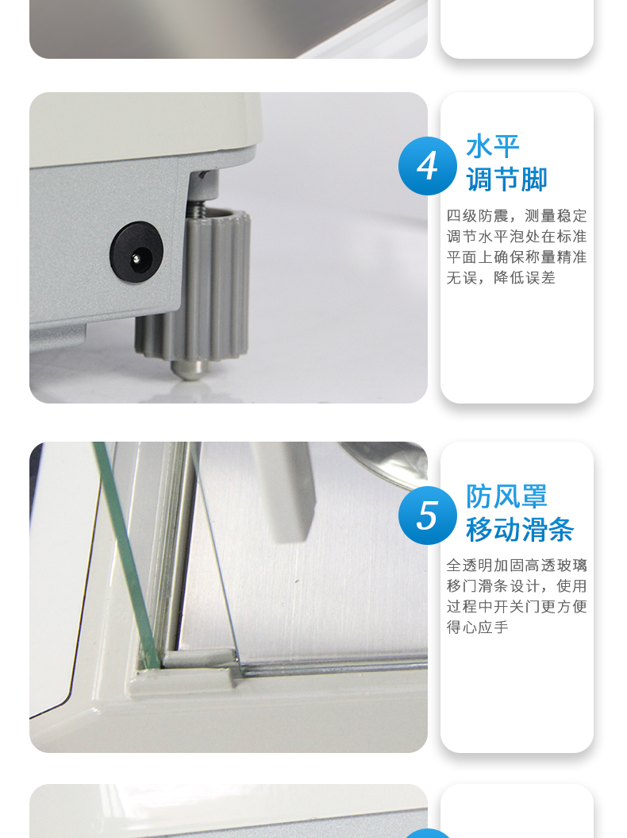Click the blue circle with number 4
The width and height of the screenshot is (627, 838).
click(x=427, y=166)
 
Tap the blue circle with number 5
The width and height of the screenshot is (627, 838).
click(x=427, y=516)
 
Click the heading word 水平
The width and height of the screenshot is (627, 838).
click(x=492, y=146)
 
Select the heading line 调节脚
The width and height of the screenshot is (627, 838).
click(x=506, y=179)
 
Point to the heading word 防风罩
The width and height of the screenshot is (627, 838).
click(x=506, y=496)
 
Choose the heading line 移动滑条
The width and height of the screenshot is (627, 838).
click(x=520, y=529)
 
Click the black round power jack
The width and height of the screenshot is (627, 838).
click(x=137, y=251)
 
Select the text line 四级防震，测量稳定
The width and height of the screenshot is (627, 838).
click(x=517, y=215)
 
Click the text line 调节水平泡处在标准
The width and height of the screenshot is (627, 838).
click(x=517, y=236)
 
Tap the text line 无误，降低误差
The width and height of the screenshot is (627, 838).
click(x=501, y=278)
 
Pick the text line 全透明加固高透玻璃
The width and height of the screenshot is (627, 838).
click(x=517, y=565)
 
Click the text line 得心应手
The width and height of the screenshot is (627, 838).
click(x=478, y=628)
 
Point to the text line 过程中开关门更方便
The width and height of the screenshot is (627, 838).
click(x=517, y=607)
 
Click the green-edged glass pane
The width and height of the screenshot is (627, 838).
click(x=126, y=556)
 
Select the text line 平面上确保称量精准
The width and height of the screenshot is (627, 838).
click(x=517, y=257)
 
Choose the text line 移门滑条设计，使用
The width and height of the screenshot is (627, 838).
click(x=517, y=585)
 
